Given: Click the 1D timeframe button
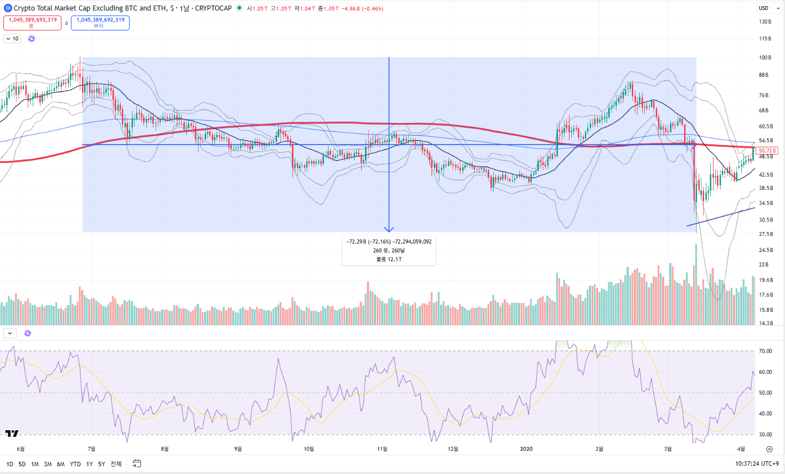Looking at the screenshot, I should [x=9, y=464].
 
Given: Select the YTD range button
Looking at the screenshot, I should [x=75, y=464].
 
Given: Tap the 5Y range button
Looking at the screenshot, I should [x=101, y=464].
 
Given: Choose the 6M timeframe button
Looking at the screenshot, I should [x=60, y=464].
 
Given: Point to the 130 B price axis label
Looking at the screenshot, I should [x=765, y=22].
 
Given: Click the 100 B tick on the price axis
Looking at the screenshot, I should [x=765, y=58].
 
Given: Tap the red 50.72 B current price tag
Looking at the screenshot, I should [x=767, y=151].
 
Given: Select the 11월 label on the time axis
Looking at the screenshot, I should [x=382, y=449].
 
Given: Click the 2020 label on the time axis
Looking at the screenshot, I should [x=526, y=449].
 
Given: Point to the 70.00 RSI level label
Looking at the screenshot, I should [x=765, y=351].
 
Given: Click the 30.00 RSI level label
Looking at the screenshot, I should [x=765, y=435].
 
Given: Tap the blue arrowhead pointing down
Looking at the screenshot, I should [x=389, y=229].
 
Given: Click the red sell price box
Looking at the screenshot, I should [x=32, y=23].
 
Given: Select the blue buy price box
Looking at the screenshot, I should [x=100, y=23].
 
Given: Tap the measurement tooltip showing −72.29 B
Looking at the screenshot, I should [x=389, y=250].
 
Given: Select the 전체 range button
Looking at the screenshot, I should [x=116, y=464].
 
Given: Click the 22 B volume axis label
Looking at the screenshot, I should [x=765, y=265].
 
